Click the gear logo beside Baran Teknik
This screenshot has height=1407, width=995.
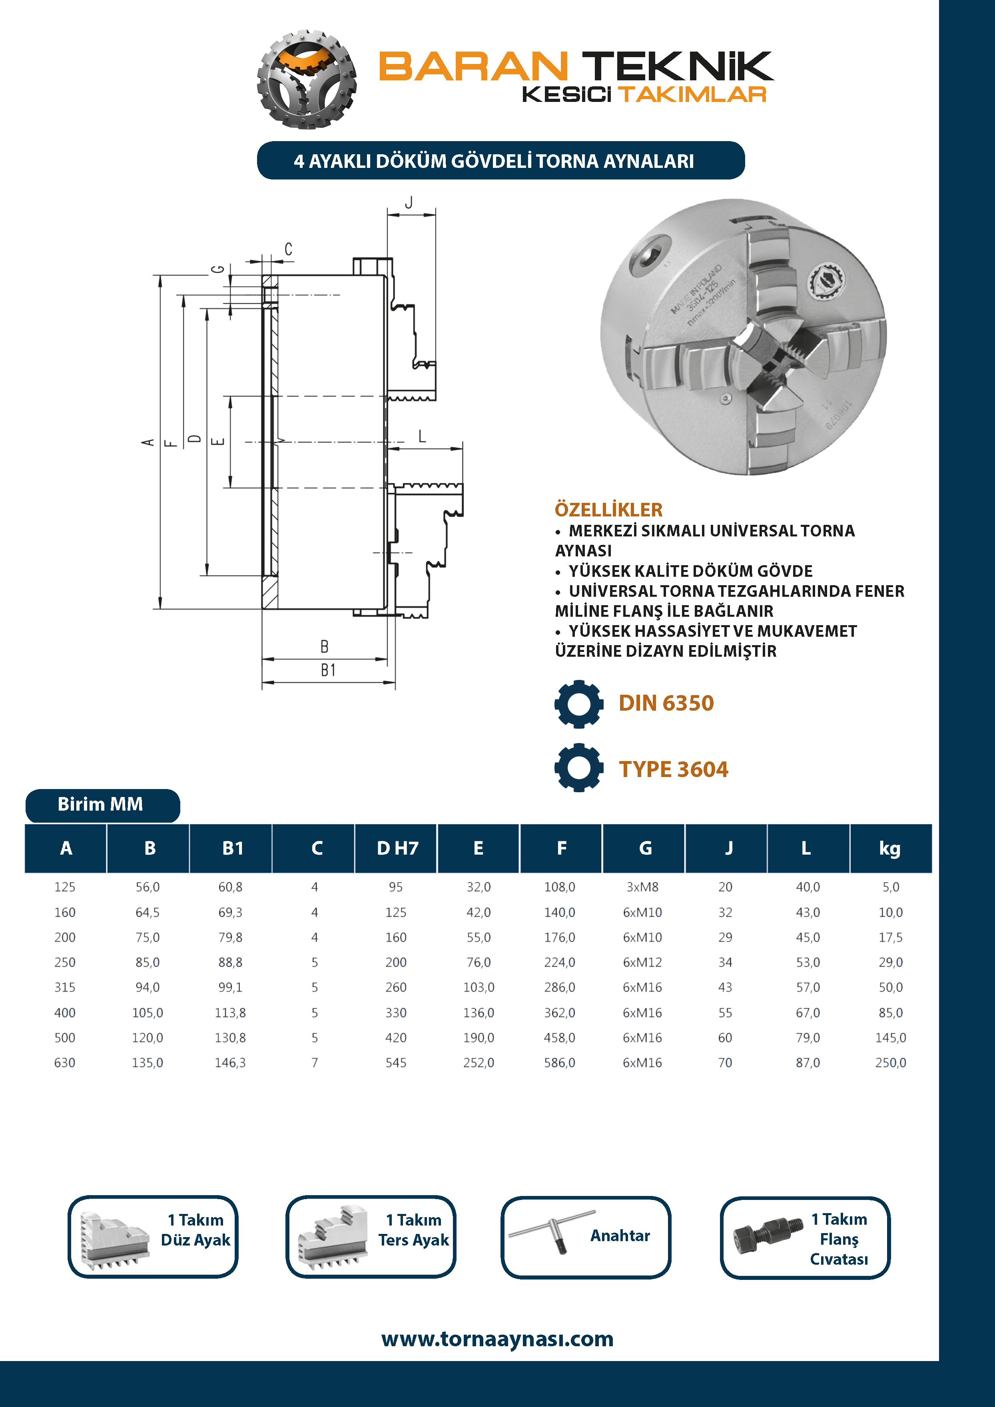[x=306, y=80]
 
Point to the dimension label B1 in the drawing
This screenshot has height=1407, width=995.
[x=328, y=670]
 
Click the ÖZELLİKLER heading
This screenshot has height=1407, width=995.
[x=608, y=510]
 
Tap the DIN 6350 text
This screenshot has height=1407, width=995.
[x=666, y=703]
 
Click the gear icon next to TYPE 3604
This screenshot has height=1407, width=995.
[x=578, y=768]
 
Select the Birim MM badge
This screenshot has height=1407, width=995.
[x=102, y=805]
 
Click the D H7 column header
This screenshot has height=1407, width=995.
[x=397, y=849]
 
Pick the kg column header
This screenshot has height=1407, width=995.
[x=889, y=849]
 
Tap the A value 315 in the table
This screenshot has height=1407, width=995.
[x=65, y=987]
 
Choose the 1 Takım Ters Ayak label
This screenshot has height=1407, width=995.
[x=414, y=1230]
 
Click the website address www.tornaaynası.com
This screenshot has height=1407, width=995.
[x=497, y=1339]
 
